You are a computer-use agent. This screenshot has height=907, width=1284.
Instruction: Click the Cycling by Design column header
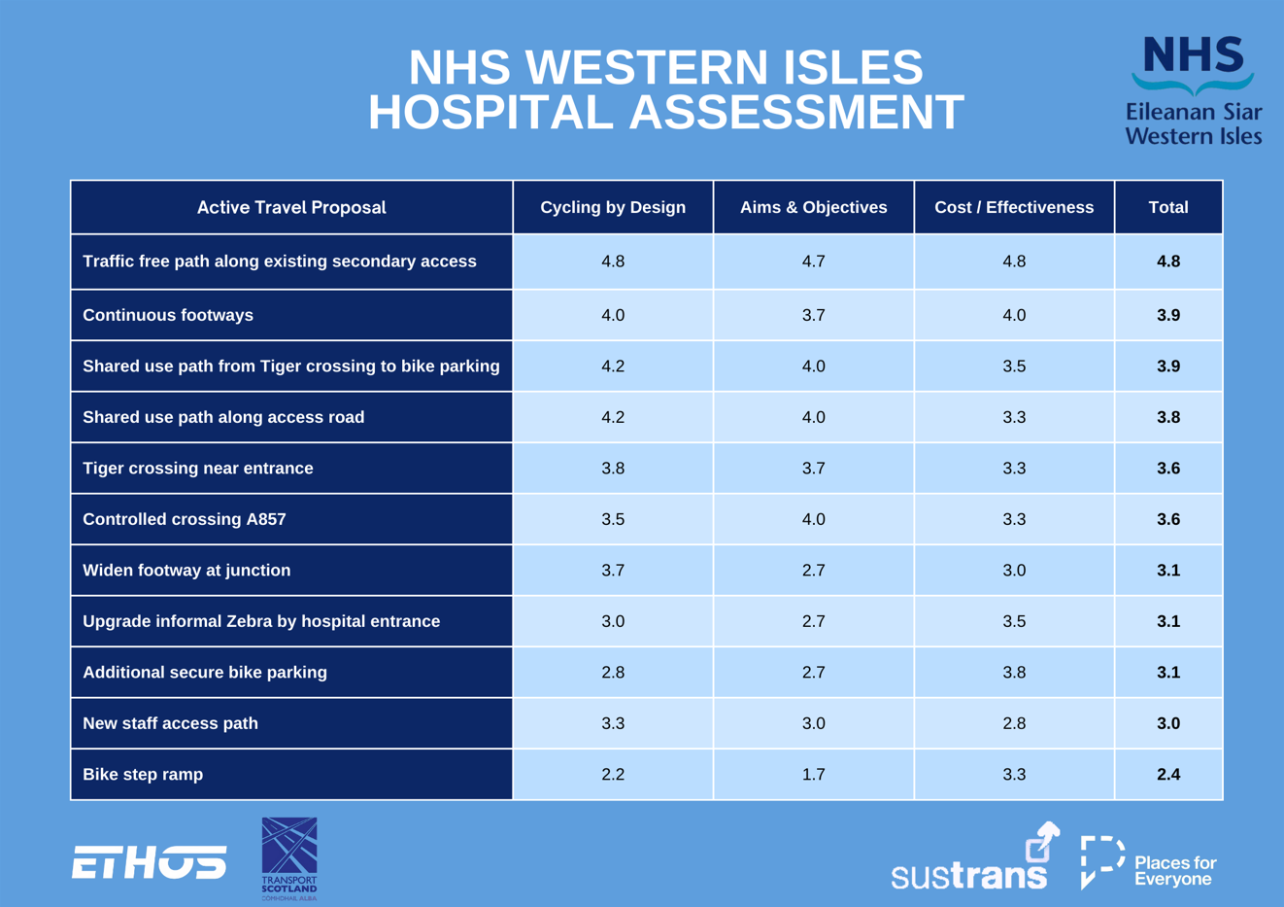(x=613, y=207)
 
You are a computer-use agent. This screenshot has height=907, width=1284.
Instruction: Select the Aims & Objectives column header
(x=813, y=207)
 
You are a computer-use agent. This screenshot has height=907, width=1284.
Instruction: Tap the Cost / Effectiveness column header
(x=1014, y=207)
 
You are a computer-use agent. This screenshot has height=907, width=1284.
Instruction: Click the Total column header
(x=1168, y=207)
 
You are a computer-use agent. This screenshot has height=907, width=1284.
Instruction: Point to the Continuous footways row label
(x=168, y=315)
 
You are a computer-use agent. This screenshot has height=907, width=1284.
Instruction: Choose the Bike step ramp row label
(x=143, y=775)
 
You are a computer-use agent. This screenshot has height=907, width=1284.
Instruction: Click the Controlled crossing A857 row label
(x=184, y=519)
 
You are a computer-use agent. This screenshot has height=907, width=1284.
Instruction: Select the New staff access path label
(x=170, y=723)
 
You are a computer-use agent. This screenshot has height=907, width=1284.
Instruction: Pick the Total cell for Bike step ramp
(x=1168, y=775)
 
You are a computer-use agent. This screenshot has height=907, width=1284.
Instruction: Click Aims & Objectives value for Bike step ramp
(x=813, y=775)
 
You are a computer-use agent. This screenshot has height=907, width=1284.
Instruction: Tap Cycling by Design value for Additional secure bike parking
(x=613, y=673)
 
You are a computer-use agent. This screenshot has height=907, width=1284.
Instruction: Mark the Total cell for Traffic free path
(x=1168, y=262)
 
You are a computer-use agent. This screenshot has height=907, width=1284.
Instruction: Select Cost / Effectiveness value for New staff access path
(x=1014, y=723)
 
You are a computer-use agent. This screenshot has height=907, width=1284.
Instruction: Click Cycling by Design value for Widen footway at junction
(x=613, y=571)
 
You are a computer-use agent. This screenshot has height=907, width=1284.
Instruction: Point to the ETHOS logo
(x=149, y=861)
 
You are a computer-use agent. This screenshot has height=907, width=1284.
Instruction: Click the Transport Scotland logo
(x=288, y=858)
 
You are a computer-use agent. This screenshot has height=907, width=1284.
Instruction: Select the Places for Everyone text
(x=1175, y=871)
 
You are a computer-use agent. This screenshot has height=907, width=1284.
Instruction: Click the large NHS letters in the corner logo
(x=1194, y=54)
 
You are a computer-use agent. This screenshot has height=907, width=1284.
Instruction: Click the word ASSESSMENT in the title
(x=796, y=112)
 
